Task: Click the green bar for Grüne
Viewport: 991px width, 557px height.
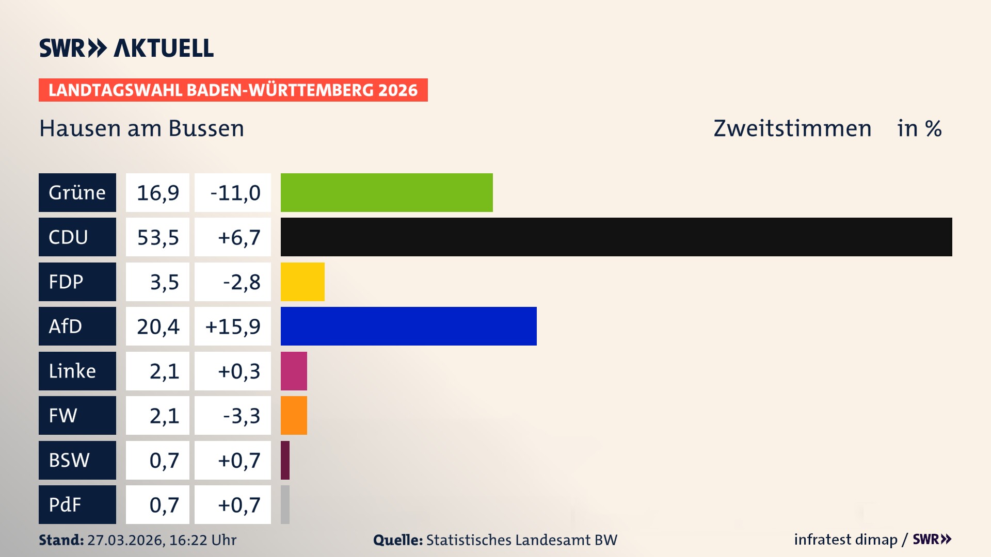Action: pyautogui.click(x=387, y=192)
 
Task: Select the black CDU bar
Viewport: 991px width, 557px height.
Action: pyautogui.click(x=616, y=237)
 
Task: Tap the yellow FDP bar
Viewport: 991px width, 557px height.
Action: pyautogui.click(x=302, y=282)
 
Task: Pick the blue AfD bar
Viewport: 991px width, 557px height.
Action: pyautogui.click(x=408, y=326)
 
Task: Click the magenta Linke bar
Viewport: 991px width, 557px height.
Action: pyautogui.click(x=294, y=371)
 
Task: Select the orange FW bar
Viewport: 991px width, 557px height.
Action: pyautogui.click(x=294, y=415)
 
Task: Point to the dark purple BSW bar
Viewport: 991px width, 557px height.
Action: pyautogui.click(x=285, y=460)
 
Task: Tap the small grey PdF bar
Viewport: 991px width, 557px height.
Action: pyautogui.click(x=285, y=504)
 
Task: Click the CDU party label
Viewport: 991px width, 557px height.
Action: pyautogui.click(x=77, y=237)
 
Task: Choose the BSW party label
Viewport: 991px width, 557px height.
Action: pyautogui.click(x=77, y=460)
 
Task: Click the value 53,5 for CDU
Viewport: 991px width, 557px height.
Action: pyautogui.click(x=157, y=237)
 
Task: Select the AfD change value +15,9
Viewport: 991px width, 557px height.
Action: pyautogui.click(x=233, y=326)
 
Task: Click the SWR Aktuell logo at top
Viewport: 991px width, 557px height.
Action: pyautogui.click(x=126, y=48)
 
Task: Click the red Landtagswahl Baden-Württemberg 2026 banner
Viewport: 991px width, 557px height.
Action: pyautogui.click(x=233, y=90)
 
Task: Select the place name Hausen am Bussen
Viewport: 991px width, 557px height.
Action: pyautogui.click(x=141, y=128)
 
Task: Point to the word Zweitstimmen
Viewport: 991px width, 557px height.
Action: pyautogui.click(x=792, y=128)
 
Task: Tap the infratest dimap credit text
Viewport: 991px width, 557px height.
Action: pyautogui.click(x=845, y=539)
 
